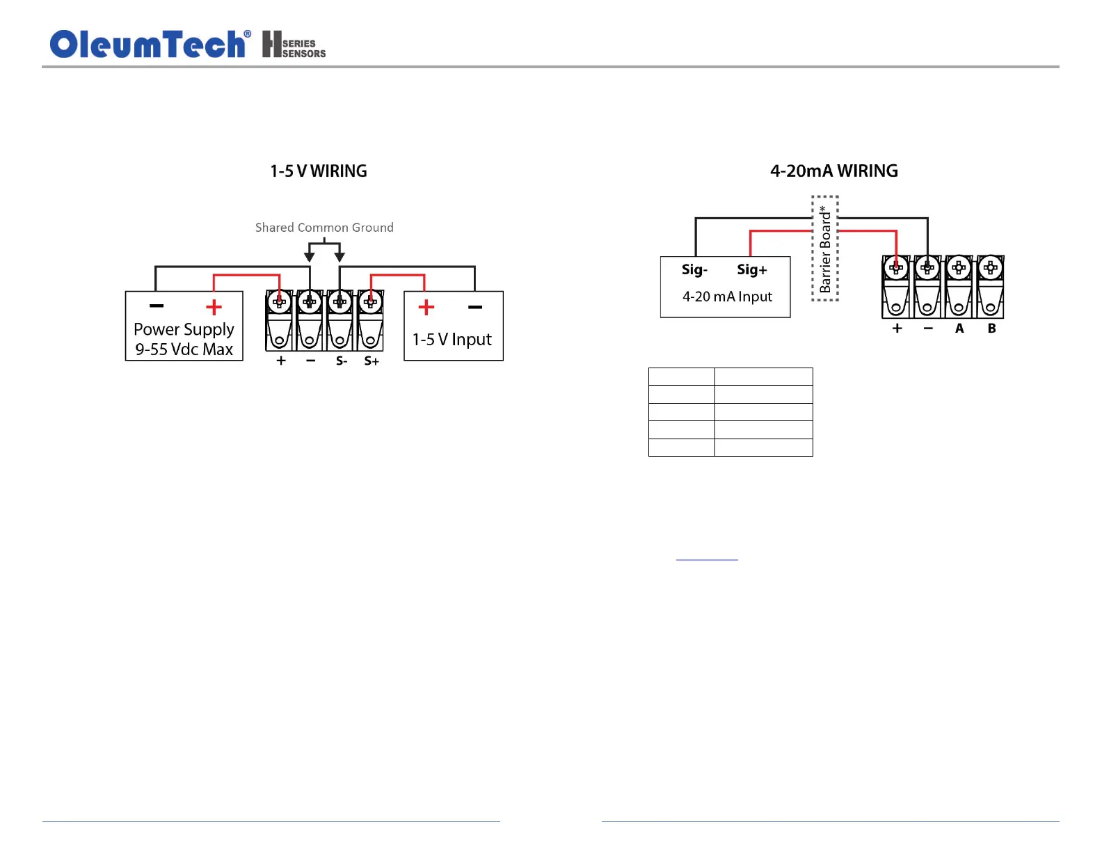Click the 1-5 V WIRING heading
(319, 171)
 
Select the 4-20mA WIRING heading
(833, 171)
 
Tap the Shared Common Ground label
(324, 228)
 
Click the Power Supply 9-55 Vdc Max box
(184, 326)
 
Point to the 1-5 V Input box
(453, 326)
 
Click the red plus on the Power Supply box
(214, 307)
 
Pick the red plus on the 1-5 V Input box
(426, 307)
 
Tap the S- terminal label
(341, 361)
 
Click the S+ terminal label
(372, 361)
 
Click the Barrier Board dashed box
(825, 248)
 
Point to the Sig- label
(694, 269)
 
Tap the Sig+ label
(751, 269)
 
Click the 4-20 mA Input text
(727, 297)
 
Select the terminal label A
(959, 328)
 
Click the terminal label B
(991, 328)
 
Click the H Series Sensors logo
(294, 45)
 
